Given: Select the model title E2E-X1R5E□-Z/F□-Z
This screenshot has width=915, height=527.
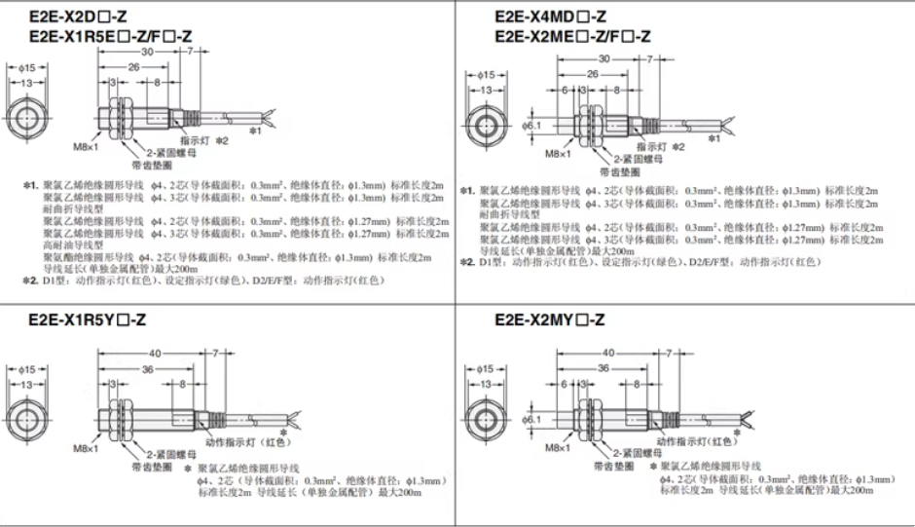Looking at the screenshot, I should point(106,36).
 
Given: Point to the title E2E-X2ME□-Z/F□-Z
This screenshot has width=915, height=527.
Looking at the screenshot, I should point(573,36).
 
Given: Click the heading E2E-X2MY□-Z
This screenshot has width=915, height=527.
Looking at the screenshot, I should point(550,320).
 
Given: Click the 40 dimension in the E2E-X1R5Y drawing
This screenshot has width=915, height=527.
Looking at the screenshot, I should point(145,353).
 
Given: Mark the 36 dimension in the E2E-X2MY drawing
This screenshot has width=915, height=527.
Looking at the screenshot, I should point(604,368).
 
